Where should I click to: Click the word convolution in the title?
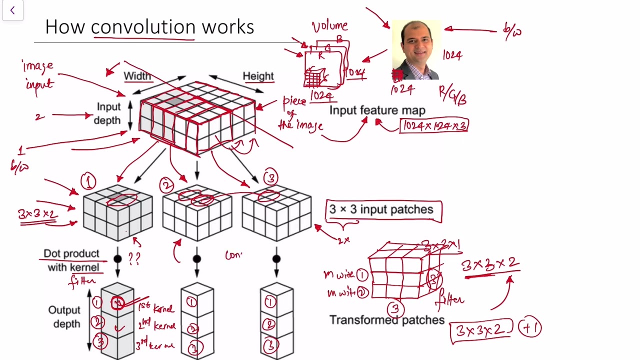[143, 27]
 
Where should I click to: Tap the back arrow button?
[12, 10]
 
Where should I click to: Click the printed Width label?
[137, 76]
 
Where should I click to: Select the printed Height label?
[258, 76]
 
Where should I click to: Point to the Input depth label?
[108, 113]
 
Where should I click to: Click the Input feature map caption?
[377, 110]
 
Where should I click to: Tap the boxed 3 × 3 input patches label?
[383, 210]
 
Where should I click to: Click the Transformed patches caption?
[386, 320]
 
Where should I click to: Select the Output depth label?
[64, 317]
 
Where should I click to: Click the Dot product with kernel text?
[71, 260]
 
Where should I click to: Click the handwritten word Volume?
[329, 26]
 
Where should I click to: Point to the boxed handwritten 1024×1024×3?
[434, 125]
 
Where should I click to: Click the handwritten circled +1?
[529, 328]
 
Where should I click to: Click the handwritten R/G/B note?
[452, 94]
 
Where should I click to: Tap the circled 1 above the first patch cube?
[88, 181]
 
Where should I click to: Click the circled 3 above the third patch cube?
[270, 178]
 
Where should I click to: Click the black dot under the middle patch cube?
[197, 259]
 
